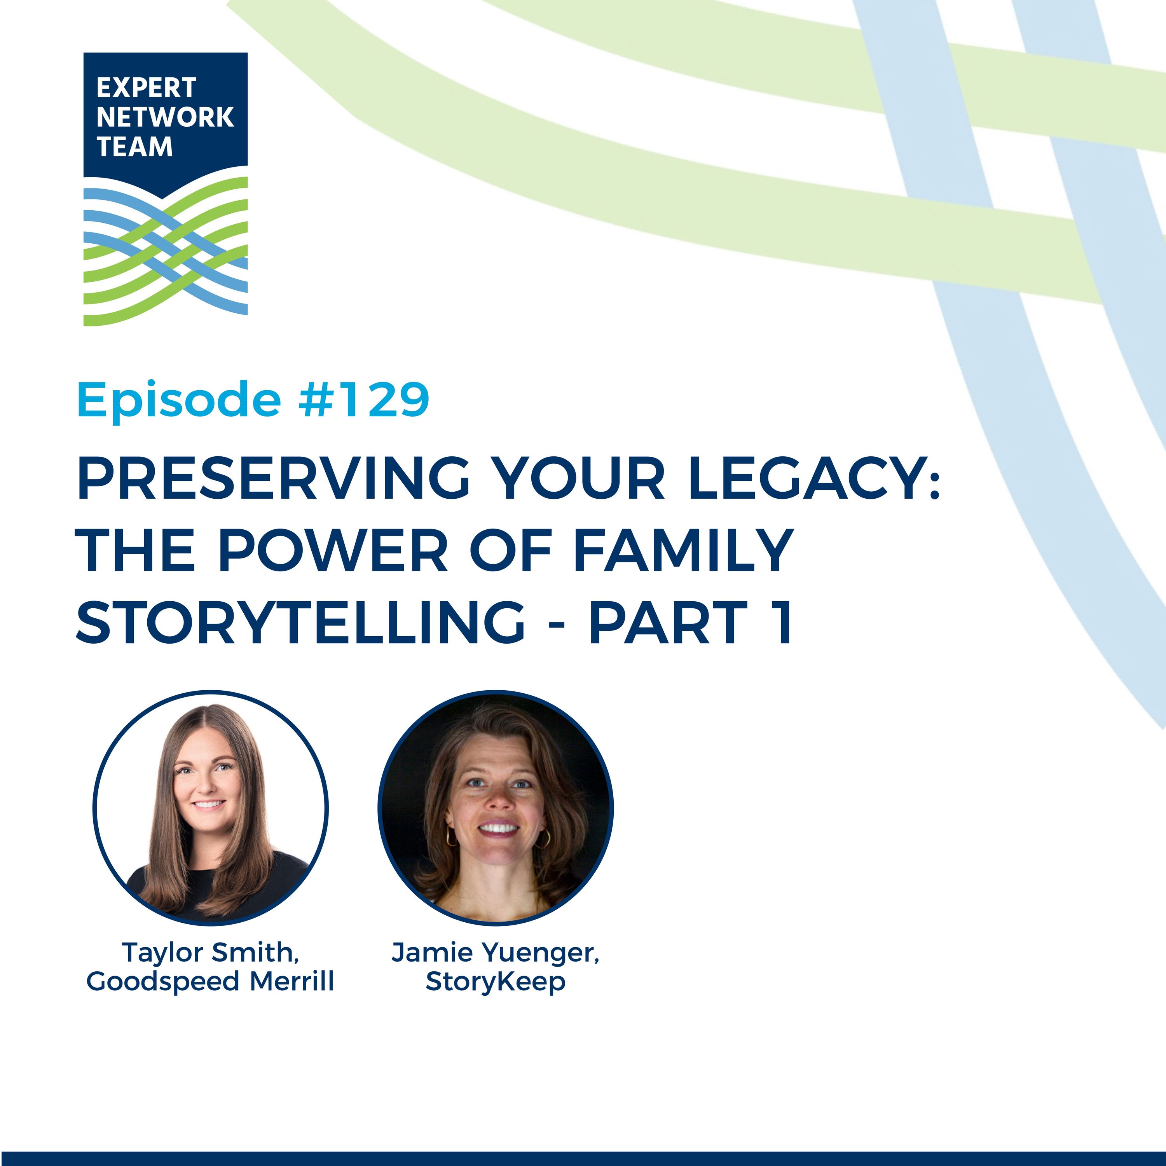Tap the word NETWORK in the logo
pyautogui.click(x=165, y=117)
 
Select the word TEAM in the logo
pyautogui.click(x=134, y=147)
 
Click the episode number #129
pyautogui.click(x=364, y=400)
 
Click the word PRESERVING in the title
pyautogui.click(x=273, y=478)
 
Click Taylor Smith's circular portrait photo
pyautogui.click(x=211, y=808)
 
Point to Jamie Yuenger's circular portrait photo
pyautogui.click(x=496, y=808)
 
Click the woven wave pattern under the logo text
pyautogui.click(x=165, y=252)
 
